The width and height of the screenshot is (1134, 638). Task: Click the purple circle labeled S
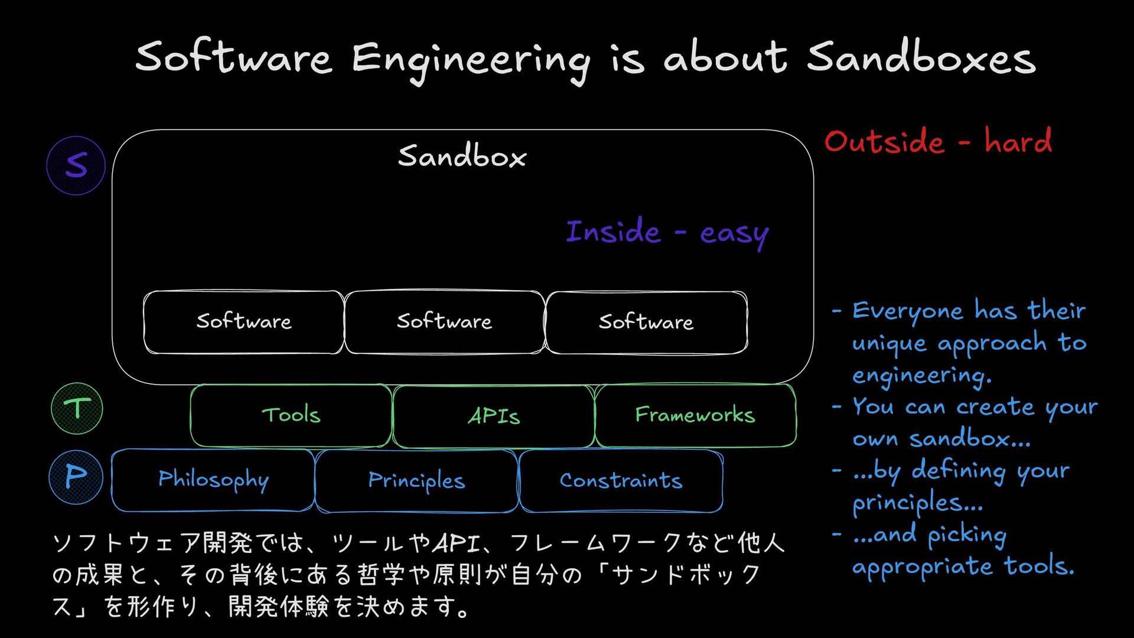[76, 165]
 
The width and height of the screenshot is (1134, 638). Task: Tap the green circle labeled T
[77, 409]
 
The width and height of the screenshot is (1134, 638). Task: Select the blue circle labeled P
[76, 477]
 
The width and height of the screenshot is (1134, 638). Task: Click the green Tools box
[291, 415]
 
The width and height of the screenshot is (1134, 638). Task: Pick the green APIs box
[493, 416]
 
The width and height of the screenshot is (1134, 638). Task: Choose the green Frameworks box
[695, 415]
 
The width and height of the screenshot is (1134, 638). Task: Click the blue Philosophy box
[213, 480]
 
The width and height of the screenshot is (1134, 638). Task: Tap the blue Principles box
[416, 481]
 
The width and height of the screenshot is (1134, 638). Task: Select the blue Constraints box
[621, 481]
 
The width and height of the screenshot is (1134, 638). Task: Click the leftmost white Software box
[243, 322]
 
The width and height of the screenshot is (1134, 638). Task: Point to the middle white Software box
[444, 322]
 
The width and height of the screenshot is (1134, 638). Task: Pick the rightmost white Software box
[646, 323]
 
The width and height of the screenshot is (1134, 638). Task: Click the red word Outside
[884, 142]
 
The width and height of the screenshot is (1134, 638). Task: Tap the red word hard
[1018, 141]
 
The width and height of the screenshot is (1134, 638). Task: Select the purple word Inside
[613, 232]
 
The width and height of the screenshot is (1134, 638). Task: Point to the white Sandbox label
[462, 157]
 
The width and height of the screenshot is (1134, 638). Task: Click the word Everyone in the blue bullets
[907, 311]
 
